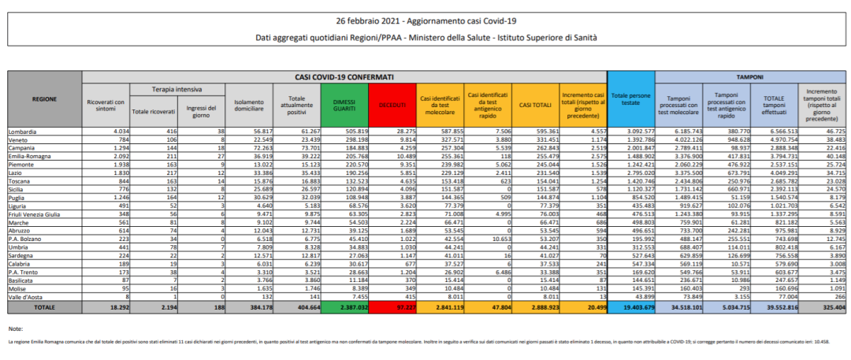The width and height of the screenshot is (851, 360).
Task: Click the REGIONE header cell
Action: coord(44,100)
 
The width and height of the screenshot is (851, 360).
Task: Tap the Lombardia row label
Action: coord(23,130)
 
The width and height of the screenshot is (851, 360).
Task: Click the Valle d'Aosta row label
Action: coord(25,296)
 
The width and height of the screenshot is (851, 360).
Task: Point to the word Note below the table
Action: coord(15,327)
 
